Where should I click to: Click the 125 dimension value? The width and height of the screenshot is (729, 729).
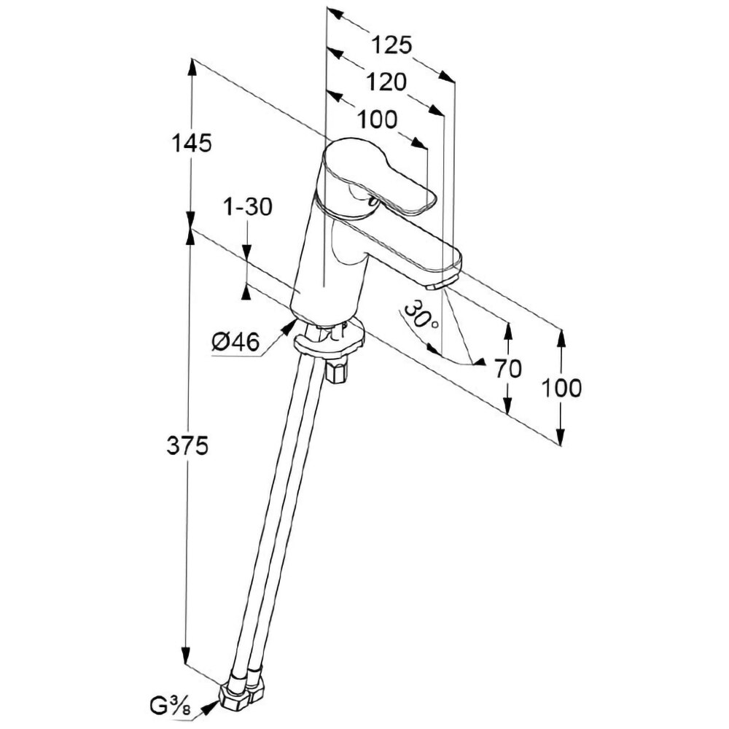point(392,45)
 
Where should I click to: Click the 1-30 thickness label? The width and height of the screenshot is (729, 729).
point(248,207)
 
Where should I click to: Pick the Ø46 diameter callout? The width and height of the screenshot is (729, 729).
point(235,341)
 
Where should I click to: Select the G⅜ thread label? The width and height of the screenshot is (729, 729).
point(170,706)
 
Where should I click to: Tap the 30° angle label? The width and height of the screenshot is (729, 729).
point(421,318)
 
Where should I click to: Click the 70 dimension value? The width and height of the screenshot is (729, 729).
point(507,370)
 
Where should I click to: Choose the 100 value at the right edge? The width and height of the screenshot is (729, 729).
point(561,388)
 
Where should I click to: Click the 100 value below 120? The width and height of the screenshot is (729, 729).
point(378,119)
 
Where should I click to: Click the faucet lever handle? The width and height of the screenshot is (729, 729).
point(379,179)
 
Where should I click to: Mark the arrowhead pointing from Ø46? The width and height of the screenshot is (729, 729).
point(286,327)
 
